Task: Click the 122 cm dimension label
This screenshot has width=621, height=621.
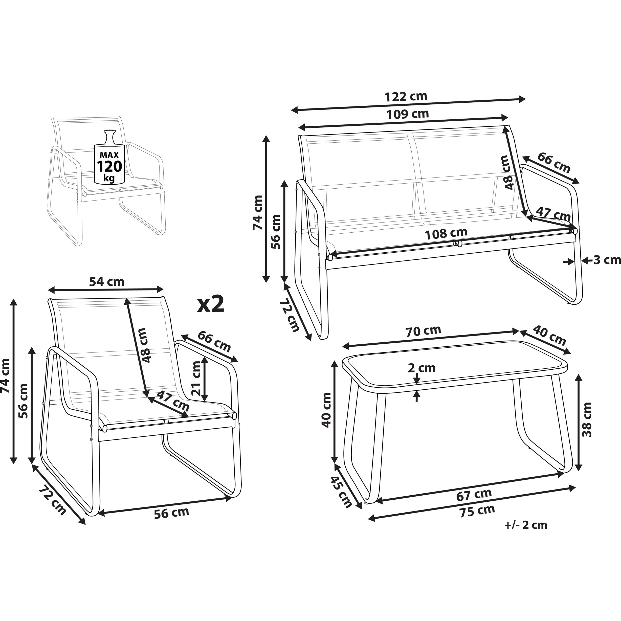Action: point(406,96)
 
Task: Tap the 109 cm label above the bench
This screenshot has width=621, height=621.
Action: point(408,114)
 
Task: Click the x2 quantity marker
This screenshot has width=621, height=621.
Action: point(211,304)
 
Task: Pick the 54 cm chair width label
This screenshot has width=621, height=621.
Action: point(107,282)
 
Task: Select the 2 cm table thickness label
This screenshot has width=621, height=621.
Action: point(422,368)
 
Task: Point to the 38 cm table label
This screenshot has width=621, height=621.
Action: point(587,419)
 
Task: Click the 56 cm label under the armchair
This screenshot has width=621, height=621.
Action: point(171,512)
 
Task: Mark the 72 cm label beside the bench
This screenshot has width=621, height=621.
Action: point(289,315)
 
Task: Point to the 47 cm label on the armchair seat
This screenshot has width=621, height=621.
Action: point(173,401)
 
